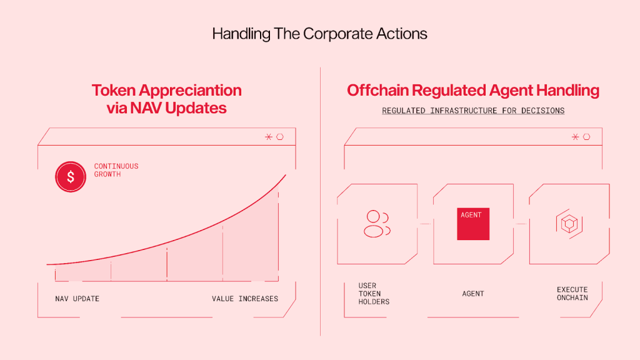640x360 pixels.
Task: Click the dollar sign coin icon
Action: pyautogui.click(x=71, y=177)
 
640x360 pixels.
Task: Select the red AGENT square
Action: pyautogui.click(x=473, y=224)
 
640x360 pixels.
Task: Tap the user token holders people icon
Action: pyautogui.click(x=377, y=224)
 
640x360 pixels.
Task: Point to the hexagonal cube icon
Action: pyautogui.click(x=569, y=224)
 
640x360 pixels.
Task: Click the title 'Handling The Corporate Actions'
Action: pyautogui.click(x=319, y=34)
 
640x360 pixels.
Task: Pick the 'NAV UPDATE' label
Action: pyautogui.click(x=77, y=299)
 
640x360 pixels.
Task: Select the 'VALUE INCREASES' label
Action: pyautogui.click(x=245, y=299)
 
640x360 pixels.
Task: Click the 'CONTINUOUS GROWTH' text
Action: pyautogui.click(x=116, y=170)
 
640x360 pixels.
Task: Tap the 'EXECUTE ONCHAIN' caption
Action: pyautogui.click(x=572, y=294)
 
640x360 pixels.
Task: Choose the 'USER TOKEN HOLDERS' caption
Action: pyautogui.click(x=374, y=294)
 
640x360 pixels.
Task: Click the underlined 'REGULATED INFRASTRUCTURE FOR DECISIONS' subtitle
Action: pyautogui.click(x=473, y=111)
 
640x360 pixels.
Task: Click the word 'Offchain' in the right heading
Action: pyautogui.click(x=378, y=90)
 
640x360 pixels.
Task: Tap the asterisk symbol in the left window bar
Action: pyautogui.click(x=269, y=137)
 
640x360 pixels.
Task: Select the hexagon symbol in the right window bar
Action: pyautogui.click(x=586, y=137)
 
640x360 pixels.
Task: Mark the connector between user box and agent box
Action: pyautogui.click(x=425, y=224)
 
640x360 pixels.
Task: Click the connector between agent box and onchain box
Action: pyautogui.click(x=521, y=224)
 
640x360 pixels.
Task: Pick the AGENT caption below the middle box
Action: pyautogui.click(x=473, y=294)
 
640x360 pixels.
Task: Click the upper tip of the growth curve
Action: pyautogui.click(x=286, y=175)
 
